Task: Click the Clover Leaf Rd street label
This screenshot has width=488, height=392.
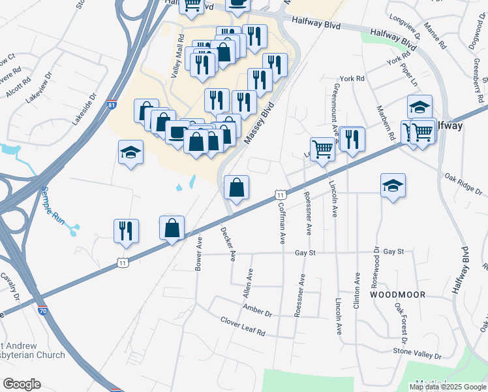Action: coord(243,327)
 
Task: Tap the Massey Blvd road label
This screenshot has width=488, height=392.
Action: coord(256,125)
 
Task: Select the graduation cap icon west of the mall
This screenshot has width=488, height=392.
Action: coord(130,152)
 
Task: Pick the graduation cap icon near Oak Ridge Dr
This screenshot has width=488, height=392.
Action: coord(393,186)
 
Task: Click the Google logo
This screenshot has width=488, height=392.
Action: coord(22,384)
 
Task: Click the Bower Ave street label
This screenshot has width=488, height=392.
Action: coord(198,253)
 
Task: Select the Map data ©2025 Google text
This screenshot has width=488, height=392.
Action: coord(448,387)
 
